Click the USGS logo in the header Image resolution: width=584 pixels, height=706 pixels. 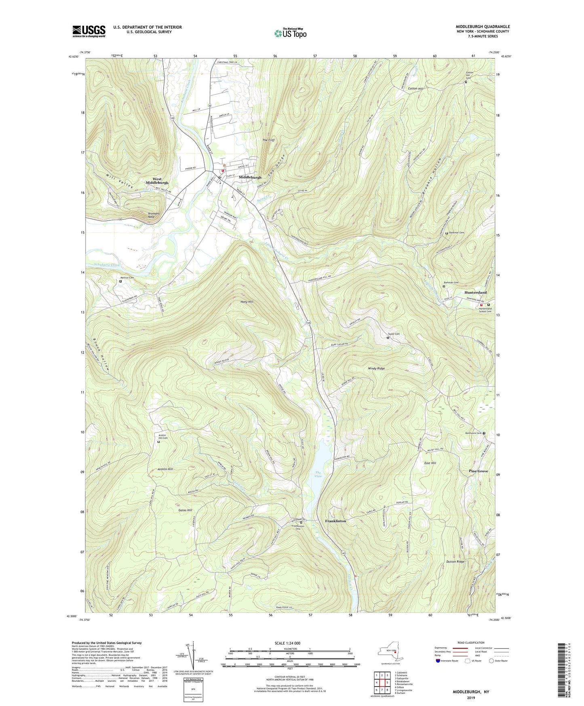[x=89, y=31]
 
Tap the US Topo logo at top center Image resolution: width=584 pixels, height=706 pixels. [x=290, y=33]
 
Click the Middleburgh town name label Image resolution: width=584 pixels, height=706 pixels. [x=250, y=177]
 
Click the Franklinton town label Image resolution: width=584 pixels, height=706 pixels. [x=335, y=521]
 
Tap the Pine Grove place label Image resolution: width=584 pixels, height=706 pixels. [x=479, y=471]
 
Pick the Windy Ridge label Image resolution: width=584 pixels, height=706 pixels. [x=376, y=368]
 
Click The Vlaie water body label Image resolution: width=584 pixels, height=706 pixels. [x=318, y=474]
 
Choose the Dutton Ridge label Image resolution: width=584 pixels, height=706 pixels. [x=455, y=561]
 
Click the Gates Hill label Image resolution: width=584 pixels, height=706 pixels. [x=185, y=510]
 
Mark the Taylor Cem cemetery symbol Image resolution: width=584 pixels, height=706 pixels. [x=388, y=337]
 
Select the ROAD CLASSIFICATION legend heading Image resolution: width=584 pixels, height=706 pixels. [x=471, y=643]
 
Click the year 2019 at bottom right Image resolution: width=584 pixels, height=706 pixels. [x=471, y=698]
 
